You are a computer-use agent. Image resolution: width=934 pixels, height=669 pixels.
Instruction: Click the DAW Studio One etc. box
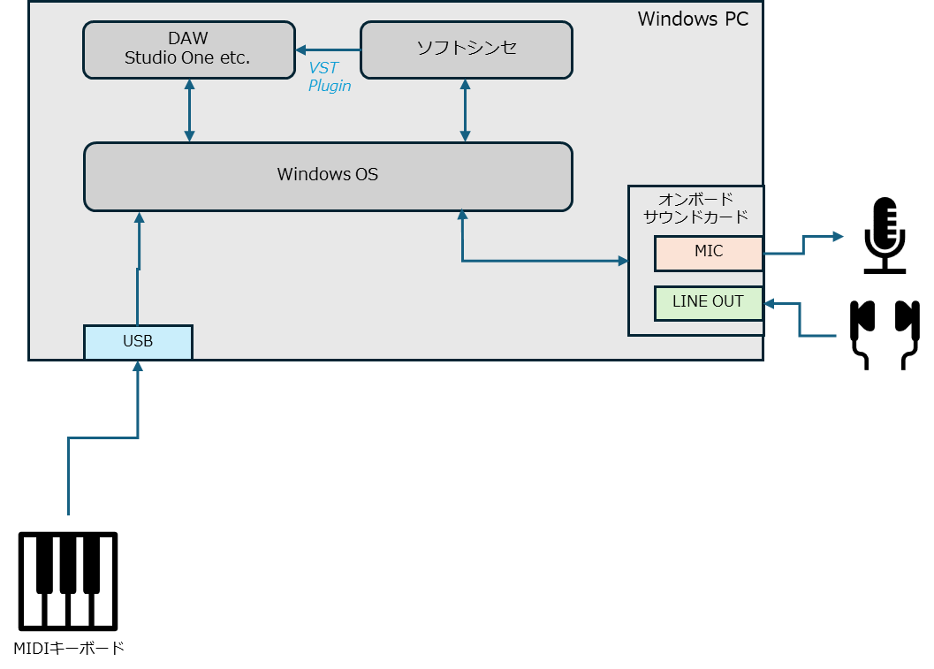click(x=189, y=50)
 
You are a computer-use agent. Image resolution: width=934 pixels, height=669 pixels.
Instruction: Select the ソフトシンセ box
click(x=467, y=50)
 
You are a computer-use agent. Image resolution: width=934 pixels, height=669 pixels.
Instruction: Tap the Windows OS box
click(x=328, y=177)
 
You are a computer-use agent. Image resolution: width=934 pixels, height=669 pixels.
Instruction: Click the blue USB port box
click(x=138, y=342)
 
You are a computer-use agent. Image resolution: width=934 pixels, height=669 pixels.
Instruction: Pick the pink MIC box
click(x=709, y=253)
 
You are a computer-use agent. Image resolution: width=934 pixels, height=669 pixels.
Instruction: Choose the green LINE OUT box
click(x=709, y=303)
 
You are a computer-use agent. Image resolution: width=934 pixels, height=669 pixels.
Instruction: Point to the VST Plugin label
click(x=330, y=77)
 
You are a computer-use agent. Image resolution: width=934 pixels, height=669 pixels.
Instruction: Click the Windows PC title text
click(x=693, y=19)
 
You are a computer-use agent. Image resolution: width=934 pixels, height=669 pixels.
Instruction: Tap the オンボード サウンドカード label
click(x=695, y=208)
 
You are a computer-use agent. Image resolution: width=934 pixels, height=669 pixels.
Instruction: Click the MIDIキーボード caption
click(x=69, y=648)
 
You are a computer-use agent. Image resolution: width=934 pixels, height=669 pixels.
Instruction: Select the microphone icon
click(x=885, y=235)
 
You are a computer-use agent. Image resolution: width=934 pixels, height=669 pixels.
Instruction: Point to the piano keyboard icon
click(x=68, y=581)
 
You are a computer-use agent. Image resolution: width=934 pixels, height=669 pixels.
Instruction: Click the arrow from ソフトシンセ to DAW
click(x=328, y=50)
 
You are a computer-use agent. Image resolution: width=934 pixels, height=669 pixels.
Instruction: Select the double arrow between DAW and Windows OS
click(x=189, y=110)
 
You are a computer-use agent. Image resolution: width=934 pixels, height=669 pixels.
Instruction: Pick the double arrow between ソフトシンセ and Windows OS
click(x=465, y=110)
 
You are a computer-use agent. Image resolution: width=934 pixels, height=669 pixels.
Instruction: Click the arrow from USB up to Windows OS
click(x=138, y=268)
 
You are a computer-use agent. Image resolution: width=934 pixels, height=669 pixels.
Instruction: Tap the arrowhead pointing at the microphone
click(x=839, y=237)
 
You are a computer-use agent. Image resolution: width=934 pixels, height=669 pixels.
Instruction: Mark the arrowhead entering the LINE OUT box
click(x=769, y=304)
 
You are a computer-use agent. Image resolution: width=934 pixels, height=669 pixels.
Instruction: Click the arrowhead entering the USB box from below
click(x=138, y=366)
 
